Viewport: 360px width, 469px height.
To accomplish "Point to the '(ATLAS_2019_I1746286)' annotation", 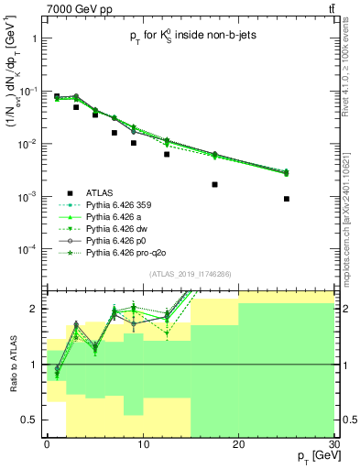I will pyautogui.click(x=189, y=274).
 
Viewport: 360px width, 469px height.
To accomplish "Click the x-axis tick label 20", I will pyautogui.click(x=238, y=442).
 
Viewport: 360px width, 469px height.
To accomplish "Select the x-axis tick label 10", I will pyautogui.click(x=142, y=442).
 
